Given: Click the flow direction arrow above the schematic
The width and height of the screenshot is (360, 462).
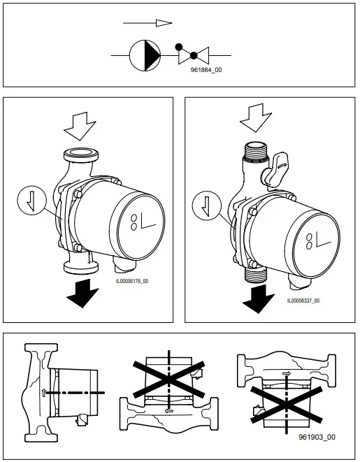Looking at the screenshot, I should (x=147, y=23).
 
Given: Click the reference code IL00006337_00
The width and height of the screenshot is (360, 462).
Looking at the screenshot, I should (x=303, y=301).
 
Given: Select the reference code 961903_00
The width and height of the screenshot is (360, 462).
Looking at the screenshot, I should (x=316, y=437).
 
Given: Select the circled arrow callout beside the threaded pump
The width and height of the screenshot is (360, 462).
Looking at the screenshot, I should (x=205, y=206).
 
